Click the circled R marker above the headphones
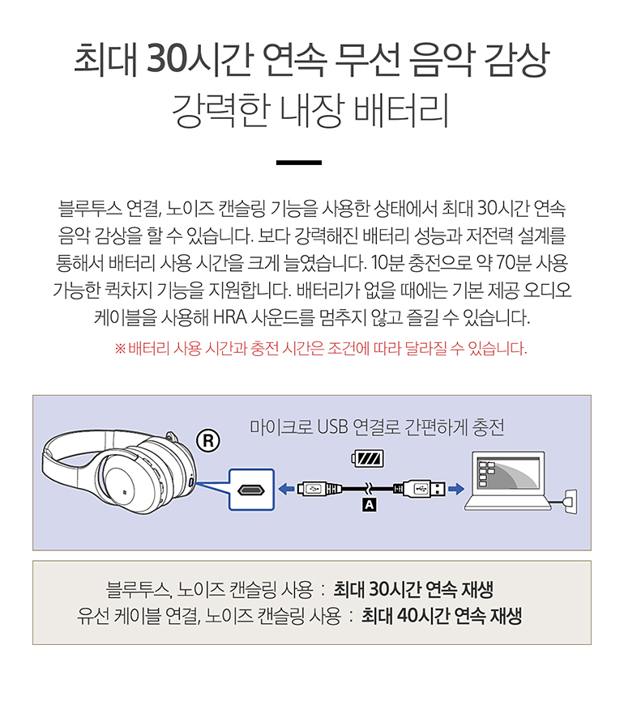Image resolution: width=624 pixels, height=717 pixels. pos(208,441)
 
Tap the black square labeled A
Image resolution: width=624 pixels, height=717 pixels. pos(369,505)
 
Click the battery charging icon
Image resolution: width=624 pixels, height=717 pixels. pos(368,458)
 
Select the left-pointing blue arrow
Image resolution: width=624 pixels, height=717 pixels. pos(286,490)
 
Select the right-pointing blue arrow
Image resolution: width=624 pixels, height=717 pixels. pos(456,490)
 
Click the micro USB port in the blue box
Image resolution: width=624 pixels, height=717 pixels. pos(251,490)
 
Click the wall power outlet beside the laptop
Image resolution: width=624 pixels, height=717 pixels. pos(571,502)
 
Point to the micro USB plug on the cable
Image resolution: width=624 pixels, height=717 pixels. pos(315,490)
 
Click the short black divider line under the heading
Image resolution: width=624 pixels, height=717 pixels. pos(299,163)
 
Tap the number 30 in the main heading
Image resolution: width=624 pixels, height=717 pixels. pos(167,59)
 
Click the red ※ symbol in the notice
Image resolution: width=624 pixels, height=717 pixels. pos(120,349)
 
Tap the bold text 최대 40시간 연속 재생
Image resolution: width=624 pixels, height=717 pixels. pos(442,616)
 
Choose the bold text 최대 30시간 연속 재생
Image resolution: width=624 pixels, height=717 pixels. pos(413,589)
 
